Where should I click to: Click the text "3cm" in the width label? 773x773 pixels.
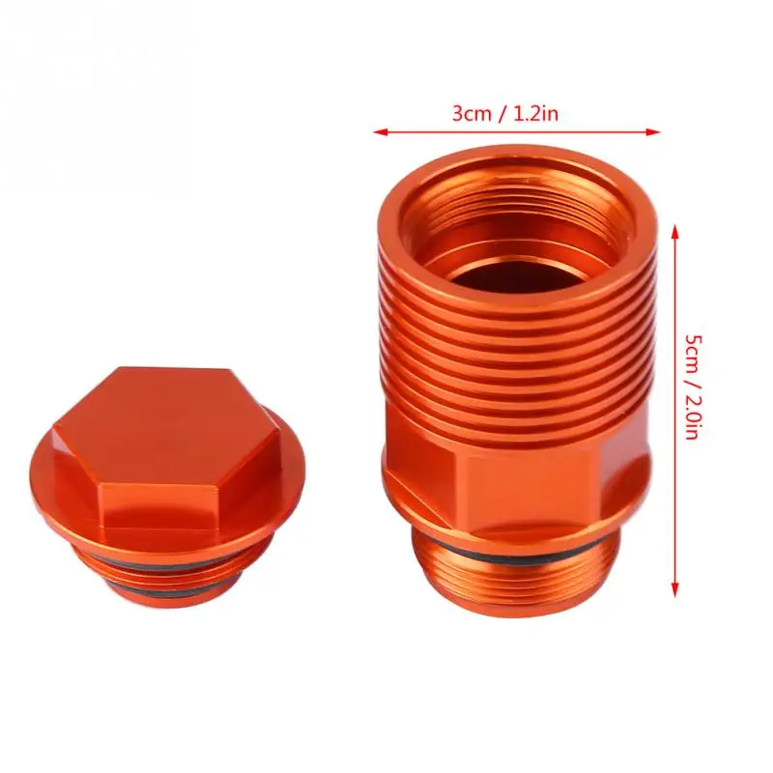tap(472, 114)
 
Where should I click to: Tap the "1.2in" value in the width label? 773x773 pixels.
tap(536, 114)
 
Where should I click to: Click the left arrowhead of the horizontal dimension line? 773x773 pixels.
tap(379, 132)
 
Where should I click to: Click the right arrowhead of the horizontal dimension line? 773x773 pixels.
tap(654, 132)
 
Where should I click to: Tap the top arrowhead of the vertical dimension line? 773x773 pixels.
tap(675, 231)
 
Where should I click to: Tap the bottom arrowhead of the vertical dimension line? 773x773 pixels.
tap(675, 590)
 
